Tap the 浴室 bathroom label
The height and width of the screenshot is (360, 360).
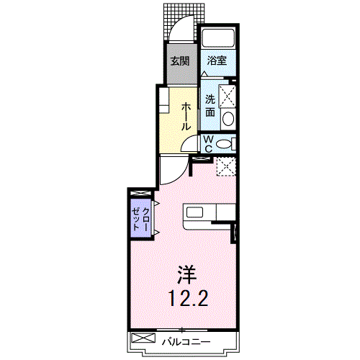(217, 60)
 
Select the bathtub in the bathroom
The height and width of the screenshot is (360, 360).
(218, 38)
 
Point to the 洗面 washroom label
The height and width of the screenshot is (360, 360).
(210, 105)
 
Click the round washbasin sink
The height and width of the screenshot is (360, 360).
(228, 118)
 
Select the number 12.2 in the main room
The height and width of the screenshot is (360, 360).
(188, 298)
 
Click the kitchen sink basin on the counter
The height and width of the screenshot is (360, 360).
(196, 212)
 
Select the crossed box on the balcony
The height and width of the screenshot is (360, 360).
(143, 338)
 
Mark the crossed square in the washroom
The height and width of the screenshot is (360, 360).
(228, 96)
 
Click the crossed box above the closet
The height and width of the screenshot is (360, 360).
(140, 194)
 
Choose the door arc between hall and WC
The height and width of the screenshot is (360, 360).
(192, 144)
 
